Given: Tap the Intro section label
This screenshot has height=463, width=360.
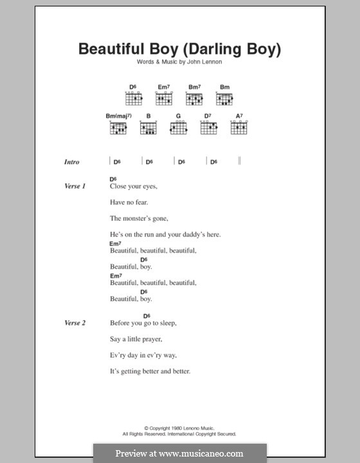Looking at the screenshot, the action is click(72, 163).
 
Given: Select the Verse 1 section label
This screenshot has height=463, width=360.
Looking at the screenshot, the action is click(75, 186).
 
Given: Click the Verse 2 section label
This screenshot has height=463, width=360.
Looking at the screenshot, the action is click(75, 323).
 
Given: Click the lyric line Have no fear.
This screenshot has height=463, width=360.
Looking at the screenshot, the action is click(129, 203).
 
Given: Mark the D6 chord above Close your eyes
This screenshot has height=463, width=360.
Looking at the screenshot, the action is click(113, 179).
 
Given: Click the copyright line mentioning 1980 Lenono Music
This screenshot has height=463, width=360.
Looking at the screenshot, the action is click(180, 428).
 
